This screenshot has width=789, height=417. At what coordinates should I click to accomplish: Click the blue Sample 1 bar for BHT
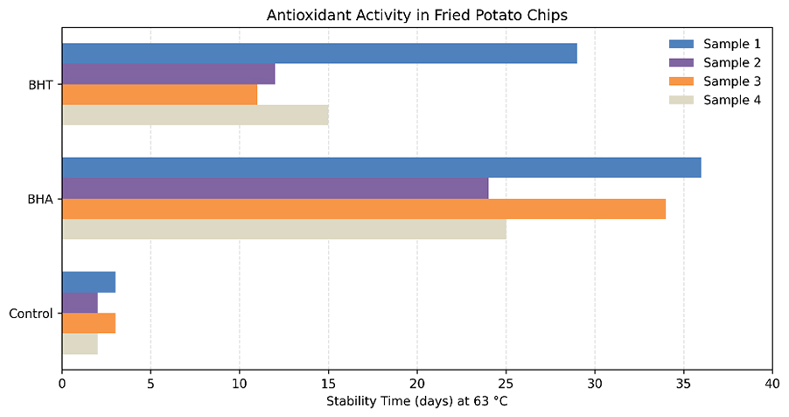[x=319, y=53]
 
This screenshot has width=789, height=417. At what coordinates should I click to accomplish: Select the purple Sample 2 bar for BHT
[x=169, y=74]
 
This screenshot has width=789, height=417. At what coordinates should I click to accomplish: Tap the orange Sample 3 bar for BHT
[x=160, y=95]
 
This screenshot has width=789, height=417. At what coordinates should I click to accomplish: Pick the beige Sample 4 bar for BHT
[x=195, y=115]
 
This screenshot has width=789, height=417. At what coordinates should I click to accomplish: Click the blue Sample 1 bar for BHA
[x=382, y=167]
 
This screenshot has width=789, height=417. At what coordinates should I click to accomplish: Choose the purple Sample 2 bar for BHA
[x=276, y=188]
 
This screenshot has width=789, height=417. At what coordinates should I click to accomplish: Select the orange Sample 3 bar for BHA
[x=364, y=208]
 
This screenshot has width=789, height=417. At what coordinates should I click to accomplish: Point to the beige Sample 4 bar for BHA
[x=284, y=230]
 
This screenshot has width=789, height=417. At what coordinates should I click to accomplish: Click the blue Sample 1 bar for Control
[x=89, y=282]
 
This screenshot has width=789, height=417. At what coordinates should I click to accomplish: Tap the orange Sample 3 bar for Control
[x=89, y=323]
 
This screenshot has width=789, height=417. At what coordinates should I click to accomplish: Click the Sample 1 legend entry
[x=715, y=44]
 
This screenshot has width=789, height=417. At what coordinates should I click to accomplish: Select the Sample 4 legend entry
[x=715, y=100]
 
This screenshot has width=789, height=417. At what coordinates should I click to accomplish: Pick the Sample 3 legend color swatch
[x=681, y=81]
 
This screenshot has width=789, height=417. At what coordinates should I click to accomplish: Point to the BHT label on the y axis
[x=41, y=85]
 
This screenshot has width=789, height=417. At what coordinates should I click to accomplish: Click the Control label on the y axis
[x=31, y=314]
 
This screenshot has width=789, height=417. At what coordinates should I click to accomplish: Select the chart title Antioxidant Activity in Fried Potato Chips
[x=417, y=15]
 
